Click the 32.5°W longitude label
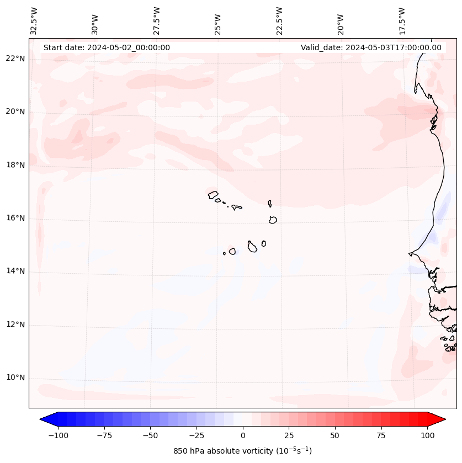pos(34,21)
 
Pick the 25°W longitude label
pos(218,21)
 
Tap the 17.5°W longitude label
pos(402,21)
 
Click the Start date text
pos(107,47)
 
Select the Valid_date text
pos(371,47)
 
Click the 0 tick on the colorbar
pos(243,435)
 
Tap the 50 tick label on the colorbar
pos(334,435)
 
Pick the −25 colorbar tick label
pos(197,435)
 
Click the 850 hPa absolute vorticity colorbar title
pos(242,451)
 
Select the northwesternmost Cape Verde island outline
pos(213,194)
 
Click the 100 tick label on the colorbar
pos(427,435)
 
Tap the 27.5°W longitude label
pos(157,21)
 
